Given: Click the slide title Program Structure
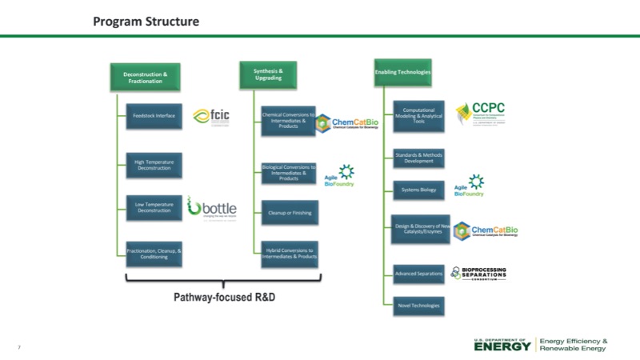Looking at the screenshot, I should click(146, 22).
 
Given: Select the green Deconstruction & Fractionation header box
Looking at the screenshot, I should click(146, 77).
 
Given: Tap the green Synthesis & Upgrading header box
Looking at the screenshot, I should click(268, 74).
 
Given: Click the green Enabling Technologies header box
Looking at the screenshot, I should click(402, 73).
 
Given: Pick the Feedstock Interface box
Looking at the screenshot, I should click(154, 116).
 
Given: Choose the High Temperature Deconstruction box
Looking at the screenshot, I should click(154, 165).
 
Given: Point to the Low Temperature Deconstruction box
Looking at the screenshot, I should click(154, 207).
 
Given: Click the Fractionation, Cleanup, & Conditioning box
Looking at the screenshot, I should click(154, 254).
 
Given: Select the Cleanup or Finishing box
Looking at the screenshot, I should click(289, 212).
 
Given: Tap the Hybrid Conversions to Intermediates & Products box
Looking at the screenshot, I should click(289, 254).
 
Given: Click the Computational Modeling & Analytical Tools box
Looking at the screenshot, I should click(418, 116).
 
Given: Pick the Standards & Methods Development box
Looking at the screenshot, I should click(418, 158).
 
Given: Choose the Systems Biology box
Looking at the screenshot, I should click(418, 190).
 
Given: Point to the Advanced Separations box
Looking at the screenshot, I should click(418, 274).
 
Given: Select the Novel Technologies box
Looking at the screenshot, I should click(418, 305).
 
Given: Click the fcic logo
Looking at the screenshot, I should click(212, 117).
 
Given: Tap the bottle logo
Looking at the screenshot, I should click(212, 207).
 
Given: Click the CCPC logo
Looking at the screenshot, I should click(480, 112).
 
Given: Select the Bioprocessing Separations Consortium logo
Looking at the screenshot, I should click(478, 274).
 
